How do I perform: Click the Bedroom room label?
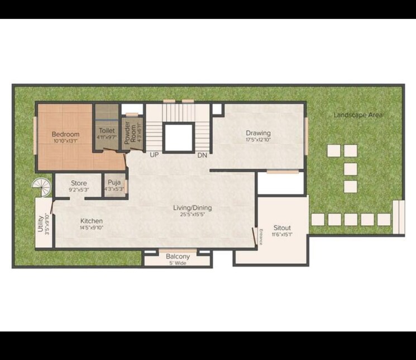click(x=65, y=134)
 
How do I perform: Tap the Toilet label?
click(x=107, y=130)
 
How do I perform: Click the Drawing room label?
click(x=258, y=133)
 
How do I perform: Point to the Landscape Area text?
click(x=358, y=115)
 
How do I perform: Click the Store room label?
click(x=79, y=183)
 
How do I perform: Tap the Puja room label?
click(x=114, y=182)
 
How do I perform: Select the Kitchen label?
click(x=91, y=220)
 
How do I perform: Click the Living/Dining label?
click(x=192, y=208)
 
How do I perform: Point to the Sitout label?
click(x=282, y=228)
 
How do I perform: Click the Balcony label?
click(x=178, y=257)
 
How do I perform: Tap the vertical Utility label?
click(x=40, y=224)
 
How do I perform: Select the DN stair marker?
click(x=202, y=155)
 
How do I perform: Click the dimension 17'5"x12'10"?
click(x=258, y=140)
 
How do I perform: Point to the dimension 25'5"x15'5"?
click(x=192, y=215)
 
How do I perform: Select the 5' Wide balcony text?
click(x=178, y=263)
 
